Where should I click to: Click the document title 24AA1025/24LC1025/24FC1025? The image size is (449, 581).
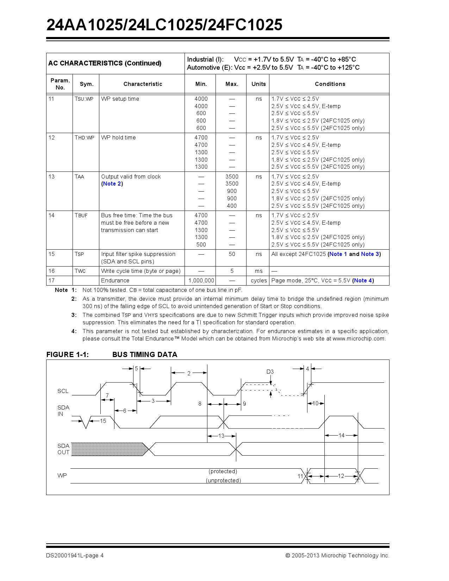pos(164,25)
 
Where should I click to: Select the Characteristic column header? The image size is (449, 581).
pos(143,84)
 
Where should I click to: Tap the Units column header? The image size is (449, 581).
pos(258,84)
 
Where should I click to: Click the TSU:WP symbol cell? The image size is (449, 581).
pos(84,99)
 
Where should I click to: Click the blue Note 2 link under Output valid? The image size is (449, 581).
pos(112,184)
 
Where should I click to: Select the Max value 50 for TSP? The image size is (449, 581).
pos(232,254)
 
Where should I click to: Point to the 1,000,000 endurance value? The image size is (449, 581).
pos(201,281)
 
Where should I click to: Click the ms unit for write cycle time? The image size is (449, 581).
pos(258,271)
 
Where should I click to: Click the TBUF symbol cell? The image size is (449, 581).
pos(81,215)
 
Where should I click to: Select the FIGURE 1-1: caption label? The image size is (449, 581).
pos(68,355)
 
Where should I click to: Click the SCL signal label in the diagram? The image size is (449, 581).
pos(63,391)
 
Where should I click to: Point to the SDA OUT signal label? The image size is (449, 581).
pos(63,449)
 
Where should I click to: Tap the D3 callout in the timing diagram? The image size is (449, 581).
pos(270,372)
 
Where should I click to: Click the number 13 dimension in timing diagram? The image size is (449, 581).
pos(221,436)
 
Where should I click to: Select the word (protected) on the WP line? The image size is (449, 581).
pos(223,471)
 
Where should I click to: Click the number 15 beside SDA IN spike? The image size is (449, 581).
pos(103,421)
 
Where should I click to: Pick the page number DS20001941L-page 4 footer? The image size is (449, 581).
pos(75,556)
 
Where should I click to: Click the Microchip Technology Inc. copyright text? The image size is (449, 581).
pos(337,556)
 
